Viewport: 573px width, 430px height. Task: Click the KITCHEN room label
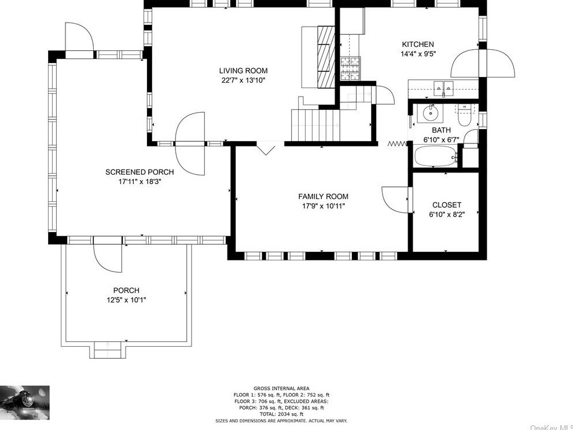click(417, 45)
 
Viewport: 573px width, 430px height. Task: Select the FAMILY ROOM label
click(323, 197)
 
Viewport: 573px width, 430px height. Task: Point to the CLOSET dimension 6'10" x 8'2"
click(446, 214)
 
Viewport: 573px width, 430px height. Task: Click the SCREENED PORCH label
click(139, 172)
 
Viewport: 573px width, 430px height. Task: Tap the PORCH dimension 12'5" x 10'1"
click(126, 300)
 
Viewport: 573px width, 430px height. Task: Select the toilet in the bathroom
click(465, 115)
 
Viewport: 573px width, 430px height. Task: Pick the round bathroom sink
click(431, 112)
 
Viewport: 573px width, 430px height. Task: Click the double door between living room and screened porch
click(191, 143)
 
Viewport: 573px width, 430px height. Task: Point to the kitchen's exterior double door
click(484, 63)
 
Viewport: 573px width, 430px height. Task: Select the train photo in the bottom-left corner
click(25, 402)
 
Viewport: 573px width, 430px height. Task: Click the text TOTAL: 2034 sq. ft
click(281, 414)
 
